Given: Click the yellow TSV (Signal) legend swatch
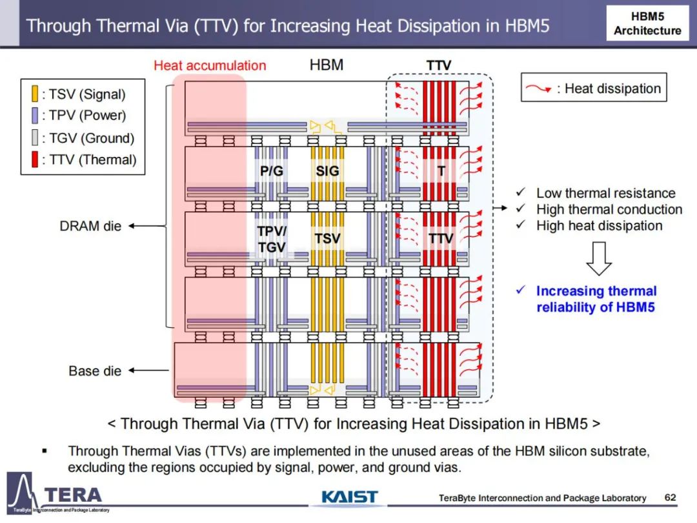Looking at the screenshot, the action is pos(35,94).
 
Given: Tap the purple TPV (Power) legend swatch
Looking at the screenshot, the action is pos(35,115).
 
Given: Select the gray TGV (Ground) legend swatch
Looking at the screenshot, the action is pos(35,138).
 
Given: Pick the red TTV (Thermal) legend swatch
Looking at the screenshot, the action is pos(35,159).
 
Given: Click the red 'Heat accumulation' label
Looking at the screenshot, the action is pos(210,65).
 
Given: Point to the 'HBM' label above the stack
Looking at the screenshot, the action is pos(327,65).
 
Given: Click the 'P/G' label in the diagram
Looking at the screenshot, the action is pos(272,170).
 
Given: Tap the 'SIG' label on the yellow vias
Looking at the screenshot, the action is pos(328,170).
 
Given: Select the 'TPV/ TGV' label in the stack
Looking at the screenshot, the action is pos(272,239).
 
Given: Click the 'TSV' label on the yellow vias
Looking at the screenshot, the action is pos(328,239).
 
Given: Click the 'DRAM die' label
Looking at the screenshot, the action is pos(90,226).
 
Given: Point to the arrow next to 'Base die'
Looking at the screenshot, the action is pos(149,370).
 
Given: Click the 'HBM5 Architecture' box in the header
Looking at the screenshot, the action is pos(648,24).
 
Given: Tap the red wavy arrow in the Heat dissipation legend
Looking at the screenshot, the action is pos(538,88).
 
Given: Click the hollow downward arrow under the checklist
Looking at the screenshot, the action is pos(599,258).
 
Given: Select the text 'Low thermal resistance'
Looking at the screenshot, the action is pos(605,193).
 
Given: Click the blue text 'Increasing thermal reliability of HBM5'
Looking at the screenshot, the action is pos(596,299).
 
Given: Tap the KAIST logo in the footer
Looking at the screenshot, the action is pos(350,497).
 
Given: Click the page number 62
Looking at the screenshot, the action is pos(671,497).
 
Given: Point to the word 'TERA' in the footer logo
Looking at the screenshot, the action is pos(74,495).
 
